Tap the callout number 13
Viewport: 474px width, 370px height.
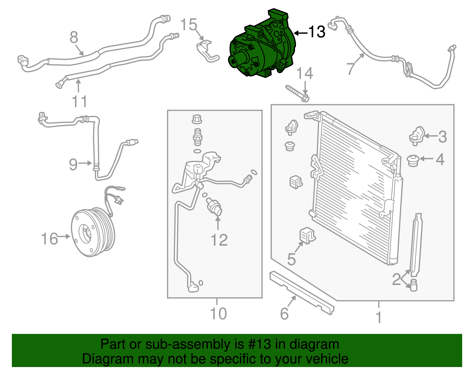(317, 32)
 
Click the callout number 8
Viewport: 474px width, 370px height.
(74, 38)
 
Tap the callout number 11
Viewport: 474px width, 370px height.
(79, 101)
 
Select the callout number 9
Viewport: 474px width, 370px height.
(73, 164)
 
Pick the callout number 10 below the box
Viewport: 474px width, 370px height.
(218, 313)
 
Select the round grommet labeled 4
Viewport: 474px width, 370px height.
(412, 160)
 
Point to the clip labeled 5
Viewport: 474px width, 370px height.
(308, 236)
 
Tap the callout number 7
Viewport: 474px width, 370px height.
(351, 68)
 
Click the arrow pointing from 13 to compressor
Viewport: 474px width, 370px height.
(300, 33)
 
